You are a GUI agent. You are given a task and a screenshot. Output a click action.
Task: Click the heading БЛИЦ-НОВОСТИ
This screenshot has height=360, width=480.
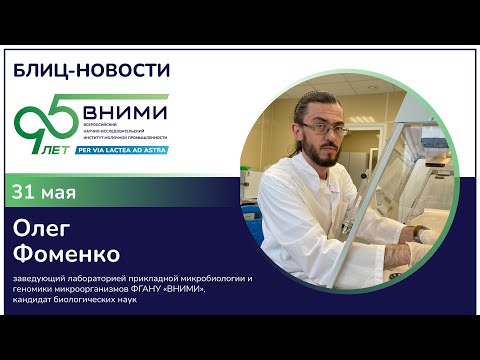point(91,70)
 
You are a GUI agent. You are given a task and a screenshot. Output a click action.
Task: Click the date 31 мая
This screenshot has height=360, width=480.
point(45,190)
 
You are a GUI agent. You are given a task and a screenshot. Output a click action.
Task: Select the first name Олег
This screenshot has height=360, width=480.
point(45,228)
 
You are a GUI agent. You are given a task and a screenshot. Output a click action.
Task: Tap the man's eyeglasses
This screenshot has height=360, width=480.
point(325,129)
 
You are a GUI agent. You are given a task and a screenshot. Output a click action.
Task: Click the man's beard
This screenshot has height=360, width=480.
point(323,156)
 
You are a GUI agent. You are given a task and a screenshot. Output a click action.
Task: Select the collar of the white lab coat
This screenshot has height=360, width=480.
point(300,175)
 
